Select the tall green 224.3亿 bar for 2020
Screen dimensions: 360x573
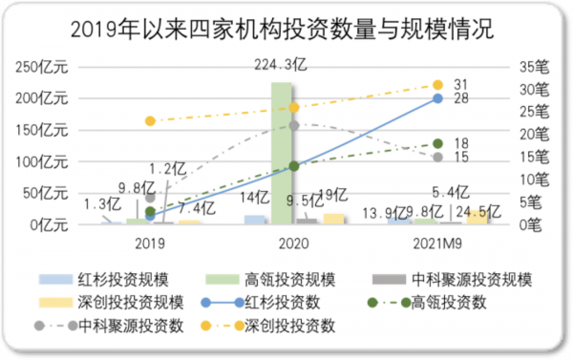(282, 153)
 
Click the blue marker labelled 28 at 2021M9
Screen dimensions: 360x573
(437, 98)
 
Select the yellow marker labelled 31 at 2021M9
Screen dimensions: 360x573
(437, 85)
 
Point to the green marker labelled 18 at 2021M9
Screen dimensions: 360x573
(437, 143)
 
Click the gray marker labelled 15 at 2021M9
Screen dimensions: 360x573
(437, 157)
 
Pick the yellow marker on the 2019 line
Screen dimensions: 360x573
(150, 121)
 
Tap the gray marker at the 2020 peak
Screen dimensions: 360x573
(293, 125)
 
